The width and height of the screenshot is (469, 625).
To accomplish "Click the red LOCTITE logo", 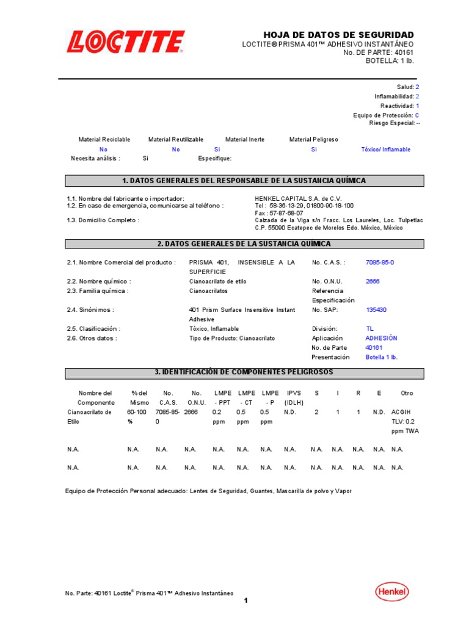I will pyautogui.click(x=125, y=43).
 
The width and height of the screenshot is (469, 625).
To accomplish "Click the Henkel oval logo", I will pyautogui.click(x=391, y=591).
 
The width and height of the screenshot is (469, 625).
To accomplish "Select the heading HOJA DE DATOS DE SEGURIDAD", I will pyautogui.click(x=338, y=35).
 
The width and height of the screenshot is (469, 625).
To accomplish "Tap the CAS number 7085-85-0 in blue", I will pyautogui.click(x=380, y=262).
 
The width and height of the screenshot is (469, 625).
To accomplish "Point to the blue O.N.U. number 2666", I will pyautogui.click(x=373, y=281).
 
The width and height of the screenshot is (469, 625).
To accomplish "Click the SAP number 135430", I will pyautogui.click(x=376, y=310).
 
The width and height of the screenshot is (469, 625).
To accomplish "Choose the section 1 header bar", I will pyautogui.click(x=244, y=181).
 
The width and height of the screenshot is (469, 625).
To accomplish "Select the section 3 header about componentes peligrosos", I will pyautogui.click(x=244, y=372).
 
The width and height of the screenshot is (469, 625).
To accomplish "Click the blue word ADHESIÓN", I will pyautogui.click(x=381, y=338).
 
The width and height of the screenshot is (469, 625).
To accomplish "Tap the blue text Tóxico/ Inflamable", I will pyautogui.click(x=385, y=150).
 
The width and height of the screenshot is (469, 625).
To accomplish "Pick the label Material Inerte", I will pyautogui.click(x=245, y=140).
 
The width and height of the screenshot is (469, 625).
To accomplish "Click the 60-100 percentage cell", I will pyautogui.click(x=137, y=412).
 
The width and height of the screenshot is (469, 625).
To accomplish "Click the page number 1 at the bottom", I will pyautogui.click(x=245, y=601).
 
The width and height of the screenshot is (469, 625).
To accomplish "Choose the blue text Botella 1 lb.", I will pyautogui.click(x=381, y=357).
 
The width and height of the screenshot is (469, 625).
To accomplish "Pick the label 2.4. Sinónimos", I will pyautogui.click(x=90, y=310).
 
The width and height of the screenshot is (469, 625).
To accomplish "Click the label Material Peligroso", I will pyautogui.click(x=313, y=140).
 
